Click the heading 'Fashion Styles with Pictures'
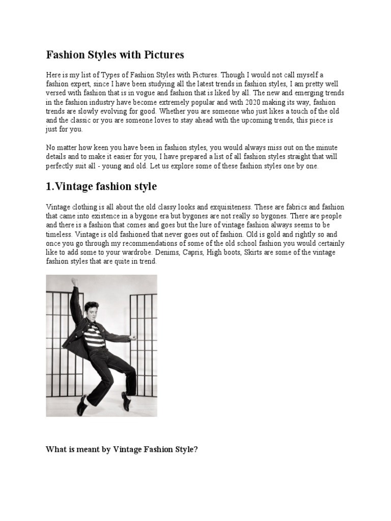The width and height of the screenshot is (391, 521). (x=115, y=54)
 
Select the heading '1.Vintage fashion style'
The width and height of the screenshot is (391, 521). (x=101, y=187)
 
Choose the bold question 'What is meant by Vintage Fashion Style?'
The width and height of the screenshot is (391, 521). (x=122, y=449)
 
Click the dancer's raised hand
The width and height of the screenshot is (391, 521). (x=74, y=281)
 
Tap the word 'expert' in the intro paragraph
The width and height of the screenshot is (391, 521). (x=76, y=84)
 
